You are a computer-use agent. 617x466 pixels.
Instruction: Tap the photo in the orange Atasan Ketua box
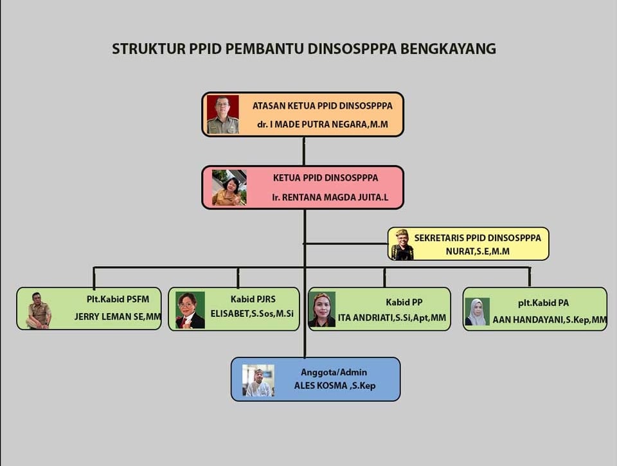coord(222,114)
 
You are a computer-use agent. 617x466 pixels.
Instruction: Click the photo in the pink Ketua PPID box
coord(229,188)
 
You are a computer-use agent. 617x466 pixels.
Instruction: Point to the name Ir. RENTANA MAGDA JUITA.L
coord(330,197)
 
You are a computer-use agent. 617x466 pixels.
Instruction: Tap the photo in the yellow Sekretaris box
coord(402,245)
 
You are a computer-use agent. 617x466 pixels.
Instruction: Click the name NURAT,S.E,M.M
coord(478,251)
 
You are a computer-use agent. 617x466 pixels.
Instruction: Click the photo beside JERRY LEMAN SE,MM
coord(39,310)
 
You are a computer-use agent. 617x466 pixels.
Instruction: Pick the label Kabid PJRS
coord(253,299)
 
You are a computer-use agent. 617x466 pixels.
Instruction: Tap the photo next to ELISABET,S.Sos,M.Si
coord(190,310)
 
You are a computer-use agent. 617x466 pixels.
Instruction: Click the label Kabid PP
coord(398,301)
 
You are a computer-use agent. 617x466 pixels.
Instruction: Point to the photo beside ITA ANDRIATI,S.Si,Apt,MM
coord(322,310)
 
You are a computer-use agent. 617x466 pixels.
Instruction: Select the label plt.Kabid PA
coord(543,303)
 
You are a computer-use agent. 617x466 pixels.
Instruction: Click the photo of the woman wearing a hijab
coord(477,312)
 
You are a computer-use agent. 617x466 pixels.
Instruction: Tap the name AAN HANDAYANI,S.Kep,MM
coord(550,319)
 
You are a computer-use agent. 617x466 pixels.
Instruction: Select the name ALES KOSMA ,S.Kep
coord(335,386)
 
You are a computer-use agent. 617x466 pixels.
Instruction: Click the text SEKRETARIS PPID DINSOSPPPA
coord(478,238)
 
